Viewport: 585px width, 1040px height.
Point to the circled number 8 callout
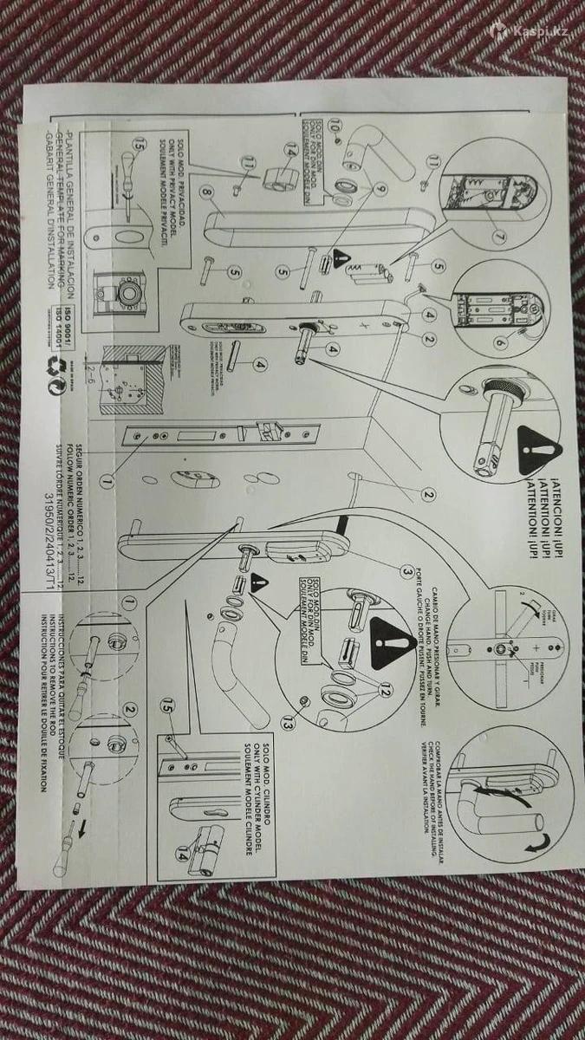[x=205, y=192]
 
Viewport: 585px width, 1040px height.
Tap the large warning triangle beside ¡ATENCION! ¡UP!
[x=540, y=450]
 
